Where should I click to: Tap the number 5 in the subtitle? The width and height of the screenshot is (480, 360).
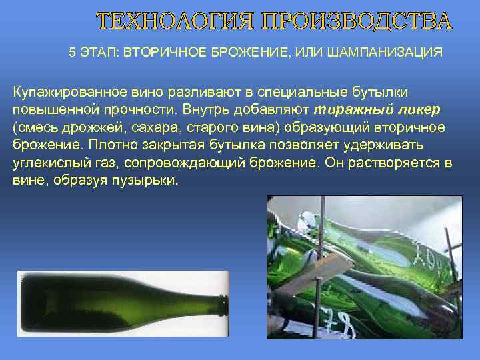72,53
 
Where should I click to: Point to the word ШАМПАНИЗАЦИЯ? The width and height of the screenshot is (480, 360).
385,53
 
